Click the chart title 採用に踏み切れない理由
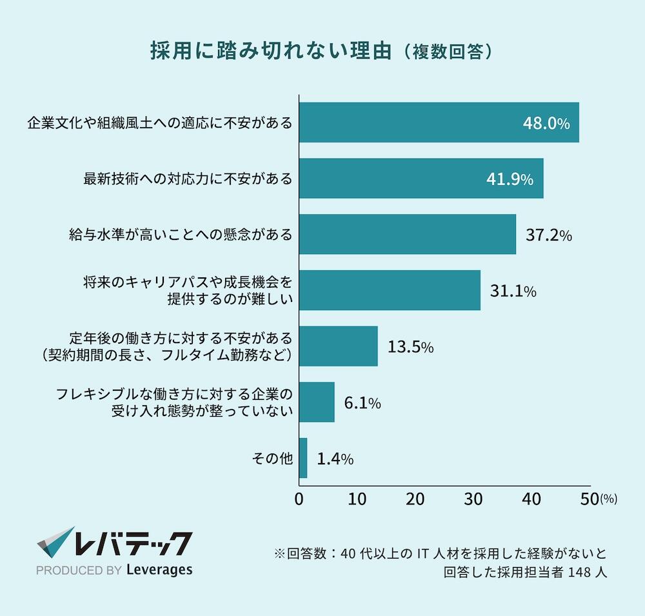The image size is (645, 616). coord(271,52)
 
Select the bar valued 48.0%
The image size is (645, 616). coord(439,123)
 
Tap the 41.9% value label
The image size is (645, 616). coord(510,179)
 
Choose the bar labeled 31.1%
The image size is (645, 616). coord(390,290)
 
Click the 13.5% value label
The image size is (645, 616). coord(410,347)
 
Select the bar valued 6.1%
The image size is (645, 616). coord(317,402)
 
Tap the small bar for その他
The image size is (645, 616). coord(303,458)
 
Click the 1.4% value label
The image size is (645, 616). coord(335,459)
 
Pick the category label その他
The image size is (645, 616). coord(272,459)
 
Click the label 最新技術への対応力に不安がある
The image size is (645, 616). coord(188,179)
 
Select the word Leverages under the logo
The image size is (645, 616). coord(159,570)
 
